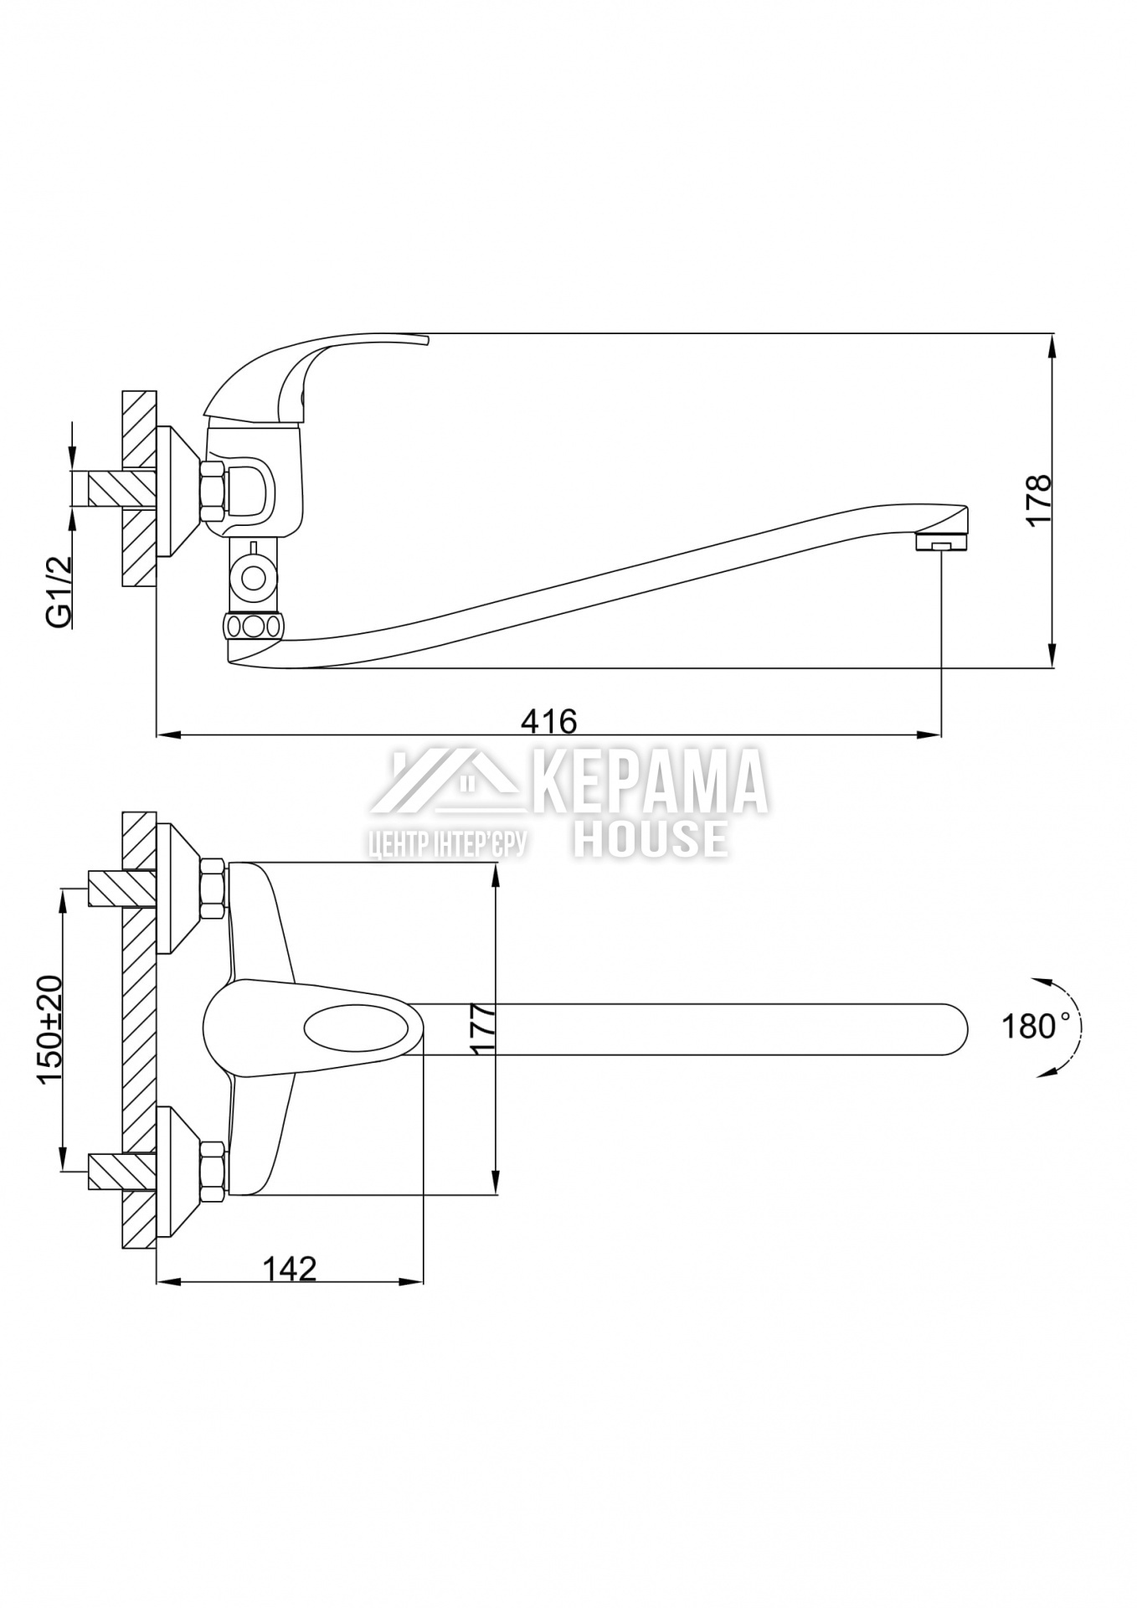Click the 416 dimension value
click(549, 720)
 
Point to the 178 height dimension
click(1039, 500)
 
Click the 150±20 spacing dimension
click(49, 1032)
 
